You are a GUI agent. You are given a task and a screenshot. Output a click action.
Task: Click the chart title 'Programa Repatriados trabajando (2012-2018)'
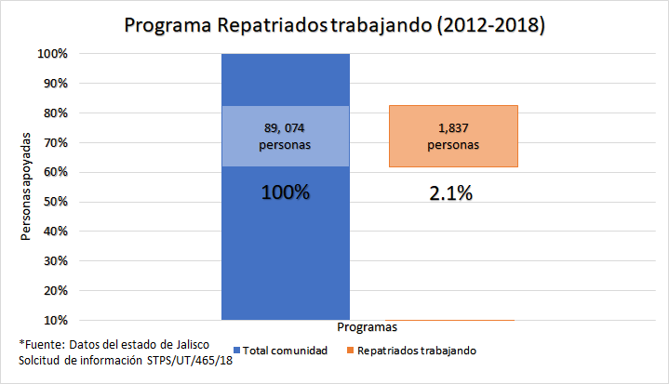(334, 25)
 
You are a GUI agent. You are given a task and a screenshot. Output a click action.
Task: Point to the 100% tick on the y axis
(52, 54)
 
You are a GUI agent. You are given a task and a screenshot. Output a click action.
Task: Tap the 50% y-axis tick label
(55, 202)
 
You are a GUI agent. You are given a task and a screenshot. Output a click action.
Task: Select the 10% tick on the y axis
(55, 320)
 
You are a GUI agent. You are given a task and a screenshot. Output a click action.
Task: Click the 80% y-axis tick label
(55, 113)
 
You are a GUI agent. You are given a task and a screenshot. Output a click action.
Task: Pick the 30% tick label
(55, 261)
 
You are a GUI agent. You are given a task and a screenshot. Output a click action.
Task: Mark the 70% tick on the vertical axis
(55, 143)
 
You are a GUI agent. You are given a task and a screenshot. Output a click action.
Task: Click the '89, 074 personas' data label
(286, 136)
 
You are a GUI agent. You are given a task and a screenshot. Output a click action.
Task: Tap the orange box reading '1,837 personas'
(453, 136)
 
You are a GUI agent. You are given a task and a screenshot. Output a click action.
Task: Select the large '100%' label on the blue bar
(286, 193)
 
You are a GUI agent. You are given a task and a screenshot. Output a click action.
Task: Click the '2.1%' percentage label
(449, 193)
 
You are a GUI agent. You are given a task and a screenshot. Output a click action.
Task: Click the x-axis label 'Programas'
(368, 327)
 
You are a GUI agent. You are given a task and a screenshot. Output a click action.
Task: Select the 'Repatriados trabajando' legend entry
(416, 351)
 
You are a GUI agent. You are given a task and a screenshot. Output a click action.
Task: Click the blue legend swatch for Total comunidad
(236, 351)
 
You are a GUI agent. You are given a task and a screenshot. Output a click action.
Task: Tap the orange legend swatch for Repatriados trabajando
(350, 351)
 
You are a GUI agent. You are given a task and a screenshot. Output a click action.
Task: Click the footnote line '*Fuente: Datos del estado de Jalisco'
(114, 343)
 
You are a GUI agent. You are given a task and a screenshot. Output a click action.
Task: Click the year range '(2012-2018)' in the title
(488, 25)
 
